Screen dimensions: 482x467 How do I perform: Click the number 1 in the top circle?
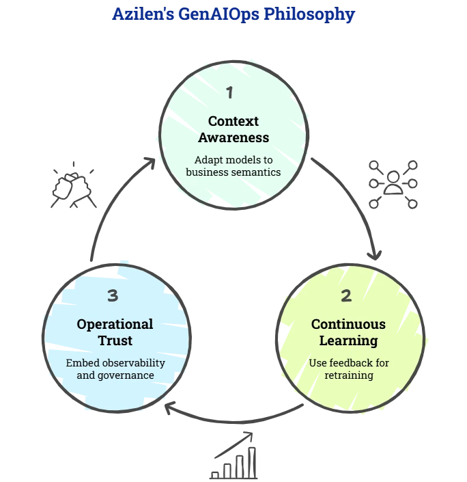tap(229, 92)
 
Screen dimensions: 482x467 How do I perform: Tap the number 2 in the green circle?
tap(346, 295)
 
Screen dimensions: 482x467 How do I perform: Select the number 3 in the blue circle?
tap(113, 295)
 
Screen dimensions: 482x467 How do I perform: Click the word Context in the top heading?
tap(233, 121)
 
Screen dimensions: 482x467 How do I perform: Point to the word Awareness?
tap(233, 137)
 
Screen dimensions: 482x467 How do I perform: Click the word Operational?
tap(115, 324)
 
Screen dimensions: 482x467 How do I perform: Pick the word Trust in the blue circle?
tap(115, 340)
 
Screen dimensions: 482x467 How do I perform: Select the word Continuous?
tap(348, 324)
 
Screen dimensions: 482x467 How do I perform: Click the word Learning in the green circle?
tap(348, 340)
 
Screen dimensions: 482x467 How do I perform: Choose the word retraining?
tap(348, 375)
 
